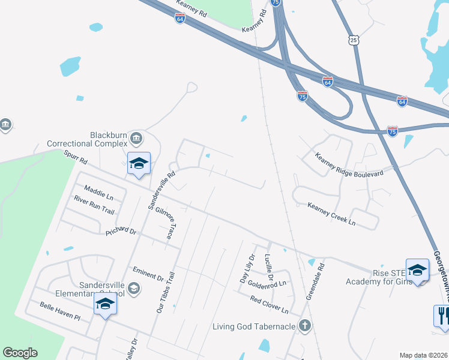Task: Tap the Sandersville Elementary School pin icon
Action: (x=105, y=303)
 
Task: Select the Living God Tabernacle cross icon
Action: (x=305, y=326)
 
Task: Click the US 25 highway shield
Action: (x=354, y=40)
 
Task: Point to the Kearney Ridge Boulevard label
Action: (x=349, y=166)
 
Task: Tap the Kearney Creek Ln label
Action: (x=331, y=214)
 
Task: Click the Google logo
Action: (x=20, y=353)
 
